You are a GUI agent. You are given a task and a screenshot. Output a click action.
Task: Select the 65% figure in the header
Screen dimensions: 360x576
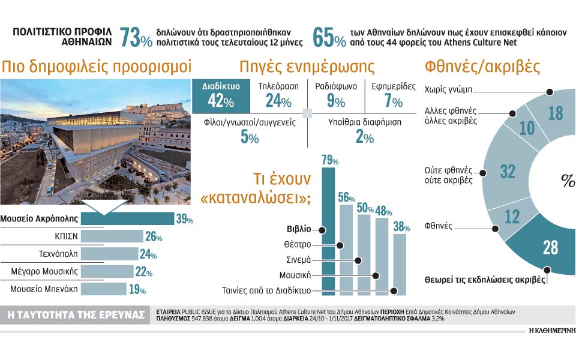(x=329, y=38)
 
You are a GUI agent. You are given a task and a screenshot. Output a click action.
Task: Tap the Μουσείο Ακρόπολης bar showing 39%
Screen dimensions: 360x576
(x=127, y=219)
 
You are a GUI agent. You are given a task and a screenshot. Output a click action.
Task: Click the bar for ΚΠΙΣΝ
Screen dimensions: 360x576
(x=112, y=236)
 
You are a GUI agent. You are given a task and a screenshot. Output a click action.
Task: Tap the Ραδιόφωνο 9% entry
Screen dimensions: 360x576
(x=336, y=95)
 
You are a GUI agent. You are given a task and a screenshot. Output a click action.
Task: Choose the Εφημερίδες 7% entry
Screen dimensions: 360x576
(x=394, y=95)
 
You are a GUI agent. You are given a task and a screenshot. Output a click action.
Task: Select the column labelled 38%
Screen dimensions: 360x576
(x=400, y=264)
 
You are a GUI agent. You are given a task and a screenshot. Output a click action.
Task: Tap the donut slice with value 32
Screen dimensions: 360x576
(x=508, y=172)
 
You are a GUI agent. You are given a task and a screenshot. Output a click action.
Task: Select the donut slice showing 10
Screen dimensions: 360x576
(x=526, y=127)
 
